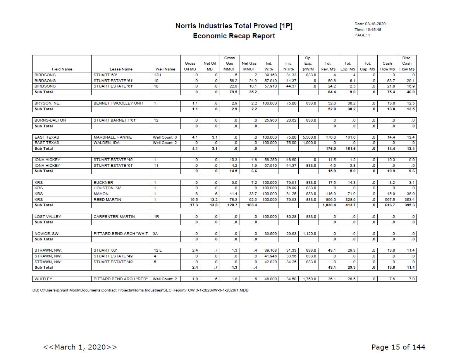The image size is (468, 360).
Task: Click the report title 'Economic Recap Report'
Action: click(234, 36)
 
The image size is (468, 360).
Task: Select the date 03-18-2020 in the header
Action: click(375, 24)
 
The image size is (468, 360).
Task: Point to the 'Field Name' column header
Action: click(62, 69)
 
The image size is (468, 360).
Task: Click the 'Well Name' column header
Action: click(165, 69)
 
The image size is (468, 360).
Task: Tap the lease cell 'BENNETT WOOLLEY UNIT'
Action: click(118, 103)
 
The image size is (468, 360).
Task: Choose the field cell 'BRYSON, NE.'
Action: click(47, 103)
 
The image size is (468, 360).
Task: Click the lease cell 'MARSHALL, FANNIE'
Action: click(112, 137)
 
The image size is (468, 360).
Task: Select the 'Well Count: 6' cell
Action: click(165, 137)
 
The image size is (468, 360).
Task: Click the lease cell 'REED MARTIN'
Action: click(107, 200)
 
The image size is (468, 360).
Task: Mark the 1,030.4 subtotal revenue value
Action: click(329, 205)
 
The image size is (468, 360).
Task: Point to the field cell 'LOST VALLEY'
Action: click(46, 217)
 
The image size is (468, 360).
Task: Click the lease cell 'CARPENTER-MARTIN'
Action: click(114, 217)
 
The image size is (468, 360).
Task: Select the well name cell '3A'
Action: click(155, 234)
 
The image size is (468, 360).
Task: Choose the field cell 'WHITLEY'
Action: click(43, 279)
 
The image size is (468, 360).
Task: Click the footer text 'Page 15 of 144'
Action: click(398, 347)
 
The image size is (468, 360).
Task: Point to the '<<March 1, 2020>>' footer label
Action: click(80, 347)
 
